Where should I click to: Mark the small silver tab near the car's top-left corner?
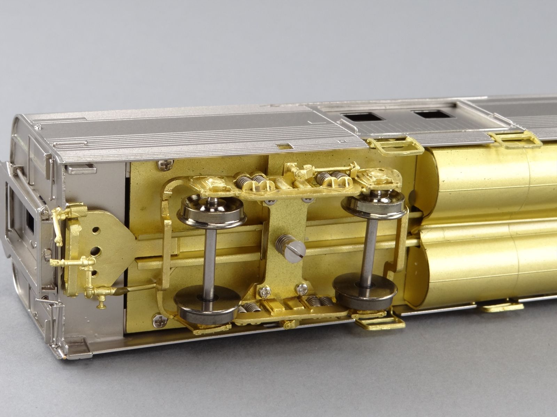[x=81, y=170]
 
